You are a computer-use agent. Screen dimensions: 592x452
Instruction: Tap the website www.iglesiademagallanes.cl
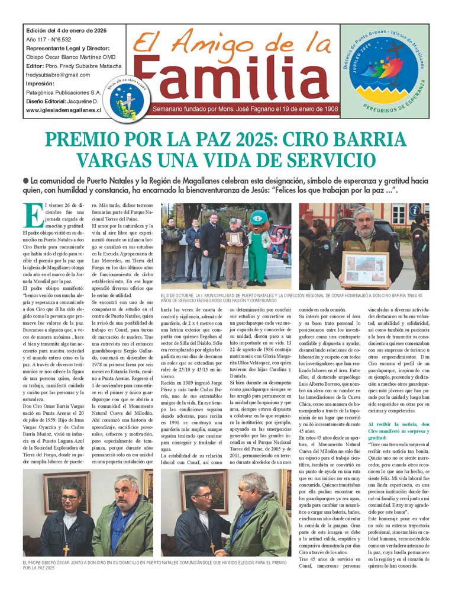pyautogui.click(x=63, y=110)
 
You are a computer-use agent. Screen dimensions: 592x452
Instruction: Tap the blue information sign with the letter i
pyautogui.click(x=415, y=210)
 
